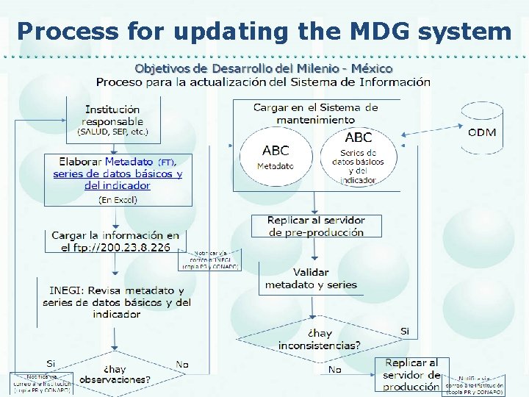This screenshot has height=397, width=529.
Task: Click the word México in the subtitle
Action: (372, 68)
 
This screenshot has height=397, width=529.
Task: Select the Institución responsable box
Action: (112, 121)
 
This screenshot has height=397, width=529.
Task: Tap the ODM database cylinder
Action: (481, 129)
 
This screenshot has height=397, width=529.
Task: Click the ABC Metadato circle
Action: (275, 156)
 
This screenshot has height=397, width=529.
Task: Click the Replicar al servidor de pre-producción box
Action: (316, 226)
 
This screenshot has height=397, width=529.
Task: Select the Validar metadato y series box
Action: (311, 279)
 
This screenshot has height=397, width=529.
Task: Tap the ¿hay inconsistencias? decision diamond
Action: (319, 340)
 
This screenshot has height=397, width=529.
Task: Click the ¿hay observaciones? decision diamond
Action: (115, 375)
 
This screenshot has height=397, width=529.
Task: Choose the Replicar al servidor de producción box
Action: (411, 374)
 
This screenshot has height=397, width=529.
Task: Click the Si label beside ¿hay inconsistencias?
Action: (404, 332)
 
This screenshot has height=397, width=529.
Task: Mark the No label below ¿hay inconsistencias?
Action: (334, 369)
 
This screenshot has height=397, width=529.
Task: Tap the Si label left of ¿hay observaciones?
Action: (51, 363)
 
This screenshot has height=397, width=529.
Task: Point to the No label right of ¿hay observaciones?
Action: (182, 364)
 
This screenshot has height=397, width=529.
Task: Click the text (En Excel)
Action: (118, 199)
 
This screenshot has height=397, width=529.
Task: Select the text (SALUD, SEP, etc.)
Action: (112, 132)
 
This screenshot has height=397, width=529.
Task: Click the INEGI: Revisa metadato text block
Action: (117, 302)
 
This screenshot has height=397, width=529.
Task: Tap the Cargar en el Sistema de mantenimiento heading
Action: (315, 113)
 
